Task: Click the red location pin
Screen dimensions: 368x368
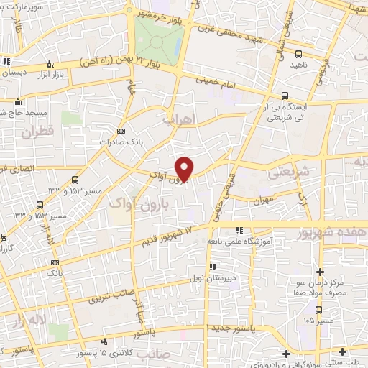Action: (x=185, y=169)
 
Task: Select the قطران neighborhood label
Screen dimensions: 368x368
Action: (x=37, y=132)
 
